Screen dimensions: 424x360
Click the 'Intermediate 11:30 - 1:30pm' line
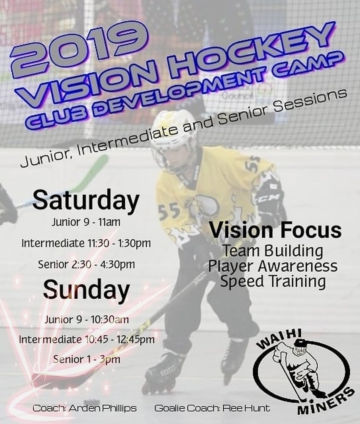coord(86,243)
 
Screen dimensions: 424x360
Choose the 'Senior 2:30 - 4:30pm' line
coord(86,265)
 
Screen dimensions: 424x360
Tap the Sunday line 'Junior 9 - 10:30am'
coord(86,319)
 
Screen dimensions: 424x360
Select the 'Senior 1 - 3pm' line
coord(86,360)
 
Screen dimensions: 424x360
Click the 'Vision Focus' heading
coord(275,230)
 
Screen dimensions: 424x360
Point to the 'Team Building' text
coord(273,251)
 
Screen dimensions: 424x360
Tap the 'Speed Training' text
coord(273,281)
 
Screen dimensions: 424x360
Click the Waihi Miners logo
coord(301,371)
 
